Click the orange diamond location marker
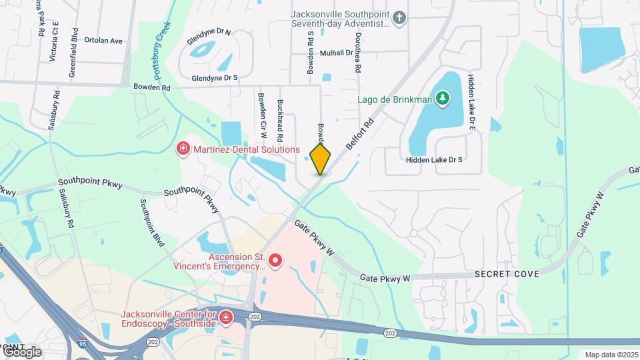tap(320, 159)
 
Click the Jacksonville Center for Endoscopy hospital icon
tap(226, 316)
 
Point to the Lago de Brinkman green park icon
tap(442, 100)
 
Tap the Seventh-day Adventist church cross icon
tap(399, 17)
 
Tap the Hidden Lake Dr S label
tap(434, 160)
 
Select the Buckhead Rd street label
tap(281, 120)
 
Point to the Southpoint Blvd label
tap(152, 223)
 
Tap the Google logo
tap(22, 351)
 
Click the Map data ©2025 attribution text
tap(610, 355)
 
